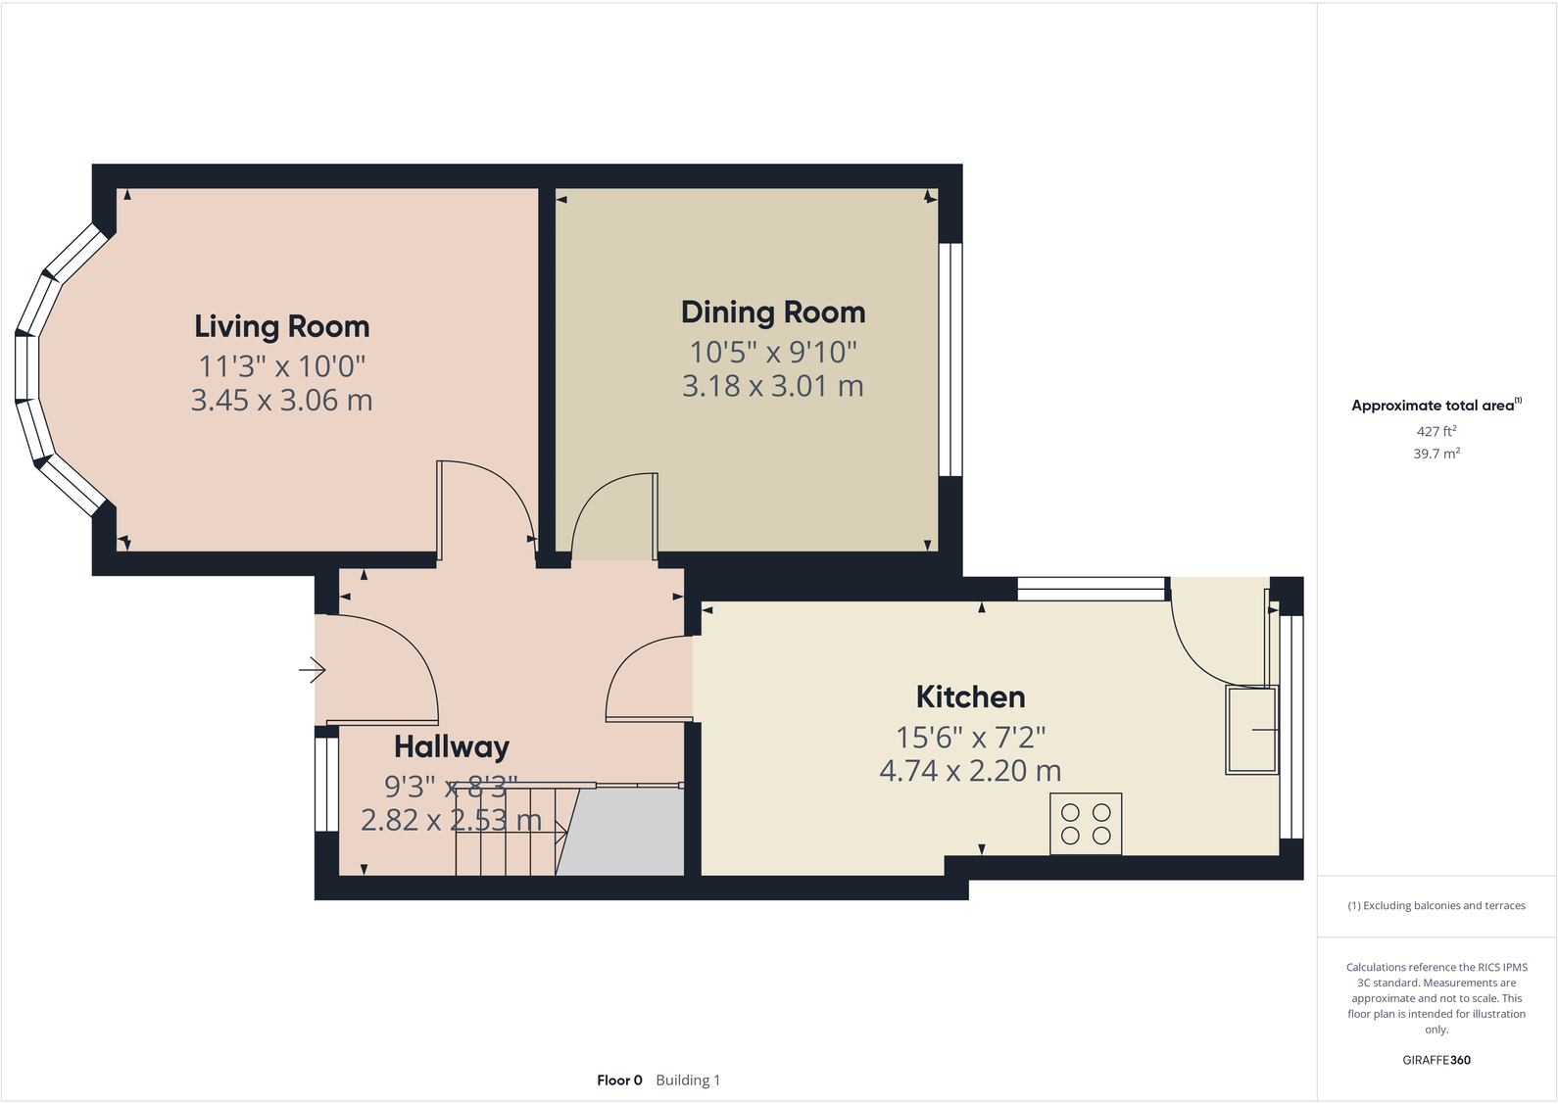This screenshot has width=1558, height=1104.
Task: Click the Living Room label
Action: click(x=282, y=326)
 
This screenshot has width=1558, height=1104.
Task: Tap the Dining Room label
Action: click(x=773, y=312)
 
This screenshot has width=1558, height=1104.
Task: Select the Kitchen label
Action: click(x=970, y=697)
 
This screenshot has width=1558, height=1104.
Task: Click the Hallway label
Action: click(x=452, y=747)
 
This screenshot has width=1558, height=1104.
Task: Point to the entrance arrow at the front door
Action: click(x=313, y=670)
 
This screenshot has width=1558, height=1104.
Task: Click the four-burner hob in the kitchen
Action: click(x=1086, y=824)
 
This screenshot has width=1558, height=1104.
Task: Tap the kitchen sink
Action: click(x=1252, y=730)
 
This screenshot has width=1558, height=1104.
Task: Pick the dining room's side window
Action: click(x=949, y=360)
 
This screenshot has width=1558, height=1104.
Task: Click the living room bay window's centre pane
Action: click(x=26, y=367)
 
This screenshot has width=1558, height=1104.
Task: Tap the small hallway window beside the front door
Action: click(x=325, y=785)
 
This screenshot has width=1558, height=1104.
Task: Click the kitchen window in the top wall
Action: click(x=1090, y=589)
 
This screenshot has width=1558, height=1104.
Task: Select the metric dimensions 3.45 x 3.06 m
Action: click(x=282, y=401)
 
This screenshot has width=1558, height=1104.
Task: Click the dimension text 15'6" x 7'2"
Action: click(x=970, y=737)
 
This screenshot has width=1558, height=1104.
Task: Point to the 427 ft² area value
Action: click(x=1436, y=431)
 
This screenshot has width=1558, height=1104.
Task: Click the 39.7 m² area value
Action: click(x=1436, y=454)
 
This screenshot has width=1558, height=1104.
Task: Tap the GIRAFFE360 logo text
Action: click(x=1436, y=1060)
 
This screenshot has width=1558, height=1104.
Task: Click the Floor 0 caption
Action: click(x=619, y=1080)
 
